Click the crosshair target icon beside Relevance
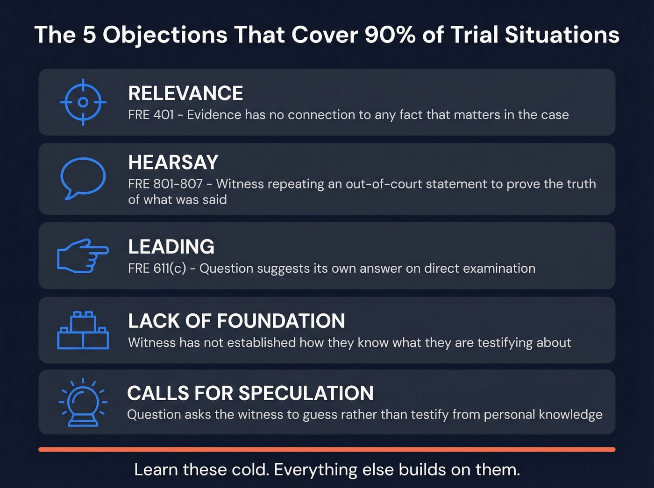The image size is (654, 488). [83, 102]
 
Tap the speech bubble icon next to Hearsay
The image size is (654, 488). [83, 178]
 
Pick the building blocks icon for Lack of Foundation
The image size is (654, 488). [83, 330]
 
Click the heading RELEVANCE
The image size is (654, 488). [185, 93]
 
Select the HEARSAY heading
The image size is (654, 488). [173, 163]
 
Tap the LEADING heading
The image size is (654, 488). [171, 247]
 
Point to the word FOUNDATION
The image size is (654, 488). [281, 321]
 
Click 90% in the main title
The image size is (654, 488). [390, 35]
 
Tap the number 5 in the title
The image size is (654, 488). [89, 35]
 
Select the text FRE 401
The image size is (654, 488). [151, 115]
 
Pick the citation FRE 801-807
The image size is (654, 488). [165, 184]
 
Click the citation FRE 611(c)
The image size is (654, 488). [157, 269]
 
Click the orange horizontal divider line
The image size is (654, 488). [327, 449]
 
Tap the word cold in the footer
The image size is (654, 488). [249, 469]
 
